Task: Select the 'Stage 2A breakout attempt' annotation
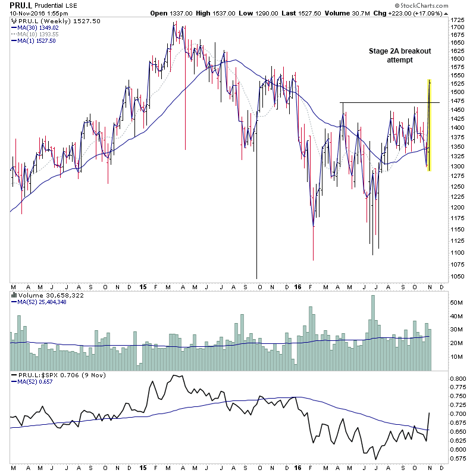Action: coord(400,56)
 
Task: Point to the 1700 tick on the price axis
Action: coord(458,27)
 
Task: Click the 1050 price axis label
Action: coord(458,276)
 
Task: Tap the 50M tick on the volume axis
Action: coord(457,303)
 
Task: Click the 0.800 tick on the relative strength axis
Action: coord(459,378)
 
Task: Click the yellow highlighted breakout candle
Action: coord(429,125)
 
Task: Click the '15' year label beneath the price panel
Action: coord(143,286)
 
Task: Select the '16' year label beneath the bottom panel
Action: coord(297,466)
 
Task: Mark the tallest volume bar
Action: coord(373,333)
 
